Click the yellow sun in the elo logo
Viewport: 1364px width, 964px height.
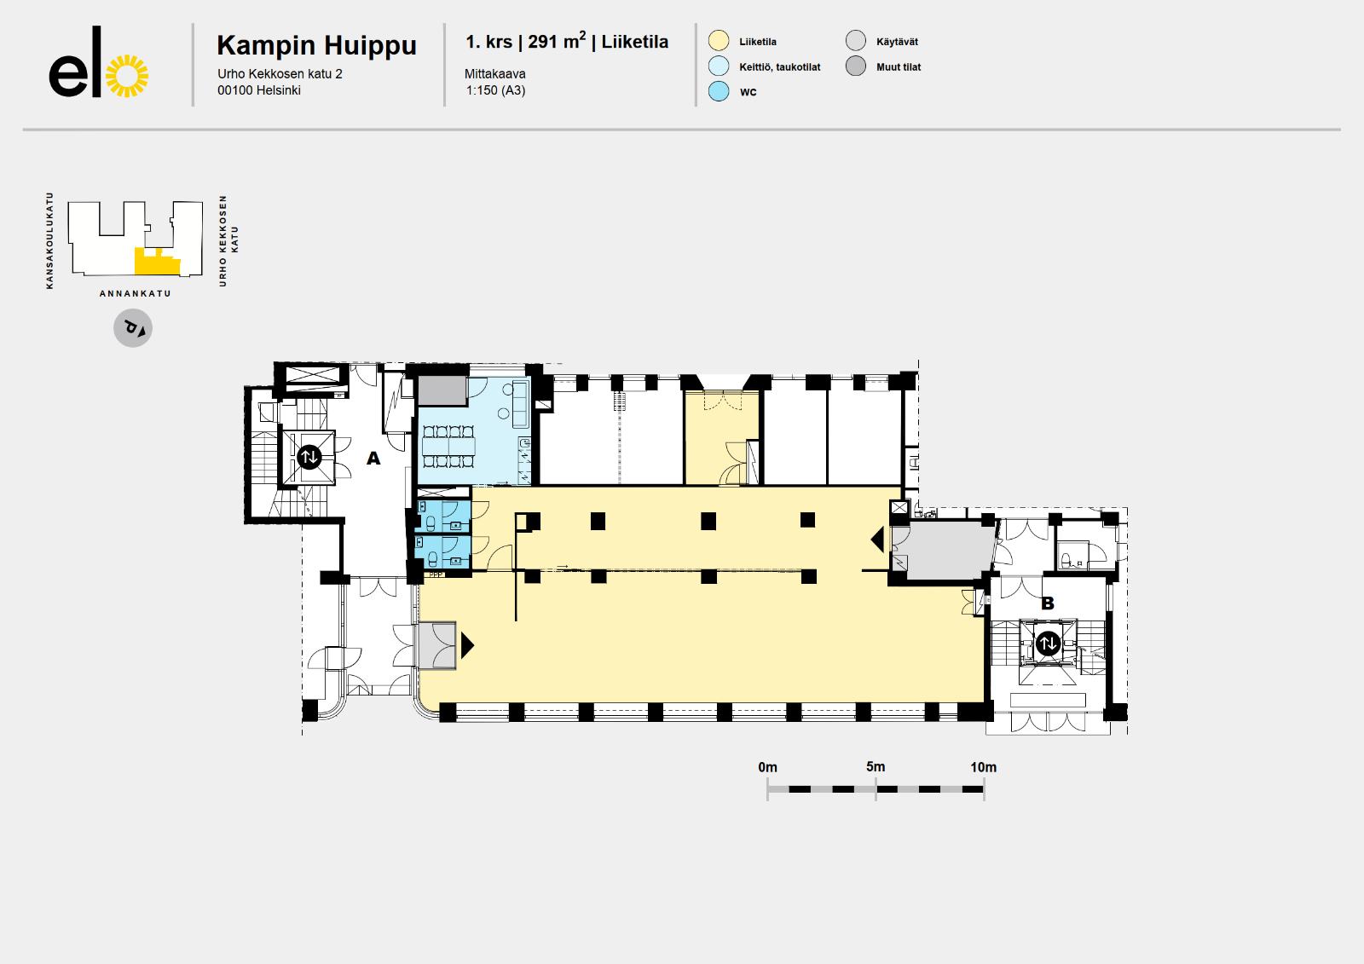pyautogui.click(x=127, y=76)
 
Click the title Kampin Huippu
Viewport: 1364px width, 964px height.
pyautogui.click(x=316, y=46)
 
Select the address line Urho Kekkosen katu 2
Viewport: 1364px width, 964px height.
pyautogui.click(x=280, y=73)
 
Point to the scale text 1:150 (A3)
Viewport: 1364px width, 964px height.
pyautogui.click(x=495, y=90)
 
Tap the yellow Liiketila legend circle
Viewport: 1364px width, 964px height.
pyautogui.click(x=719, y=41)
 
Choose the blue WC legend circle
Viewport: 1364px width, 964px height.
pyautogui.click(x=719, y=90)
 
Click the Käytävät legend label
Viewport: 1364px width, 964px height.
pyautogui.click(x=897, y=42)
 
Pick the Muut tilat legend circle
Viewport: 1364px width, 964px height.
pyautogui.click(x=856, y=66)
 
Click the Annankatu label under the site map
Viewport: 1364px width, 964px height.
pyautogui.click(x=136, y=293)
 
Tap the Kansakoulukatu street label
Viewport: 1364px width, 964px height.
pyautogui.click(x=49, y=240)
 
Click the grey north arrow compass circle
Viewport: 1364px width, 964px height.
pyautogui.click(x=133, y=327)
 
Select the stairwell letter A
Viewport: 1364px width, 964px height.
pyautogui.click(x=373, y=458)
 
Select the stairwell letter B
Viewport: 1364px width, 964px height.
pyautogui.click(x=1048, y=603)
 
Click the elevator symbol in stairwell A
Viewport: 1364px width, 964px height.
pyautogui.click(x=309, y=456)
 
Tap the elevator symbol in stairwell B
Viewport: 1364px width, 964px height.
pyautogui.click(x=1048, y=643)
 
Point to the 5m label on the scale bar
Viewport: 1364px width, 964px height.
pyautogui.click(x=876, y=767)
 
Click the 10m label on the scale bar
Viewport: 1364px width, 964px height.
pyautogui.click(x=984, y=767)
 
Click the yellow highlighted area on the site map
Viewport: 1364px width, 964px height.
pyautogui.click(x=157, y=263)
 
